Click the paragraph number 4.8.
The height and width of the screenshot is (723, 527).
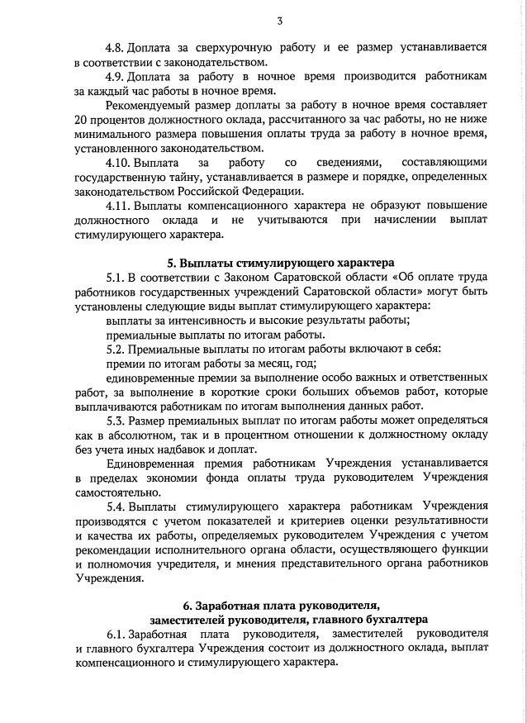pos(118,47)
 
